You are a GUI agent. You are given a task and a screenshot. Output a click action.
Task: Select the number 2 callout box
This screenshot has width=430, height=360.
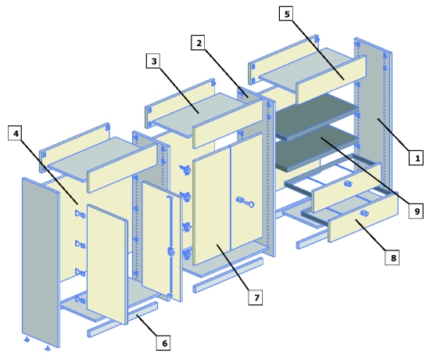point(200,45)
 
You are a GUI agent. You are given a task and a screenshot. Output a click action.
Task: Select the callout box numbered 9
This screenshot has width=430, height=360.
point(417,210)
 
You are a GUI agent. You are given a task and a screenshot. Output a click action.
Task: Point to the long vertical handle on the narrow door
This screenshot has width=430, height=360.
point(170,227)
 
